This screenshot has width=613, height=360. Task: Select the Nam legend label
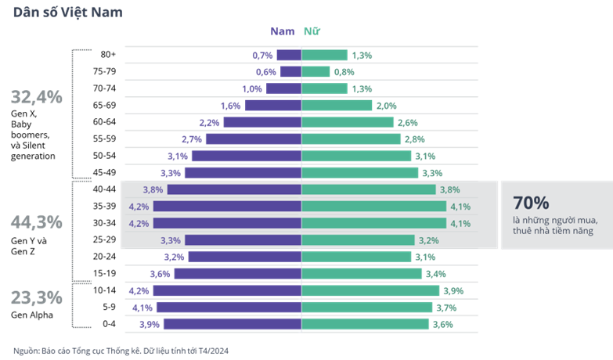click(283, 32)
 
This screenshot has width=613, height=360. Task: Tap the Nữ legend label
click(312, 32)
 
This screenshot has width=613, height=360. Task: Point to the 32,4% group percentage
click(36, 98)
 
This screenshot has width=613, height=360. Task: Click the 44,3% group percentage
click(36, 221)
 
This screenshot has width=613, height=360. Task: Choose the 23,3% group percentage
click(36, 298)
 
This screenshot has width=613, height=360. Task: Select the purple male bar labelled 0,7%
click(289, 55)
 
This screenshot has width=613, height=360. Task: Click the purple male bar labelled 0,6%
click(290, 72)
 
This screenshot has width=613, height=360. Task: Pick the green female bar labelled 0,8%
click(316, 72)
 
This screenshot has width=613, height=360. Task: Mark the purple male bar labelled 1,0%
click(283, 88)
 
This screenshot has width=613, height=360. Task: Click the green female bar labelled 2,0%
click(337, 106)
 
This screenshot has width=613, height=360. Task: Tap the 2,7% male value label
click(192, 139)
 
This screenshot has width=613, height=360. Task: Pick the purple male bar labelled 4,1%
click(229, 308)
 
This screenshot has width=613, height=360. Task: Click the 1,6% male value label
click(231, 106)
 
